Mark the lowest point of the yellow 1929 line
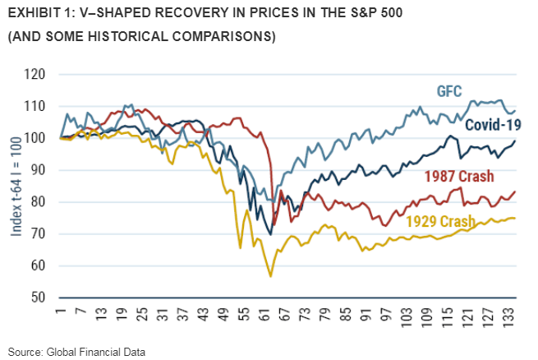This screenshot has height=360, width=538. tap(270, 276)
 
